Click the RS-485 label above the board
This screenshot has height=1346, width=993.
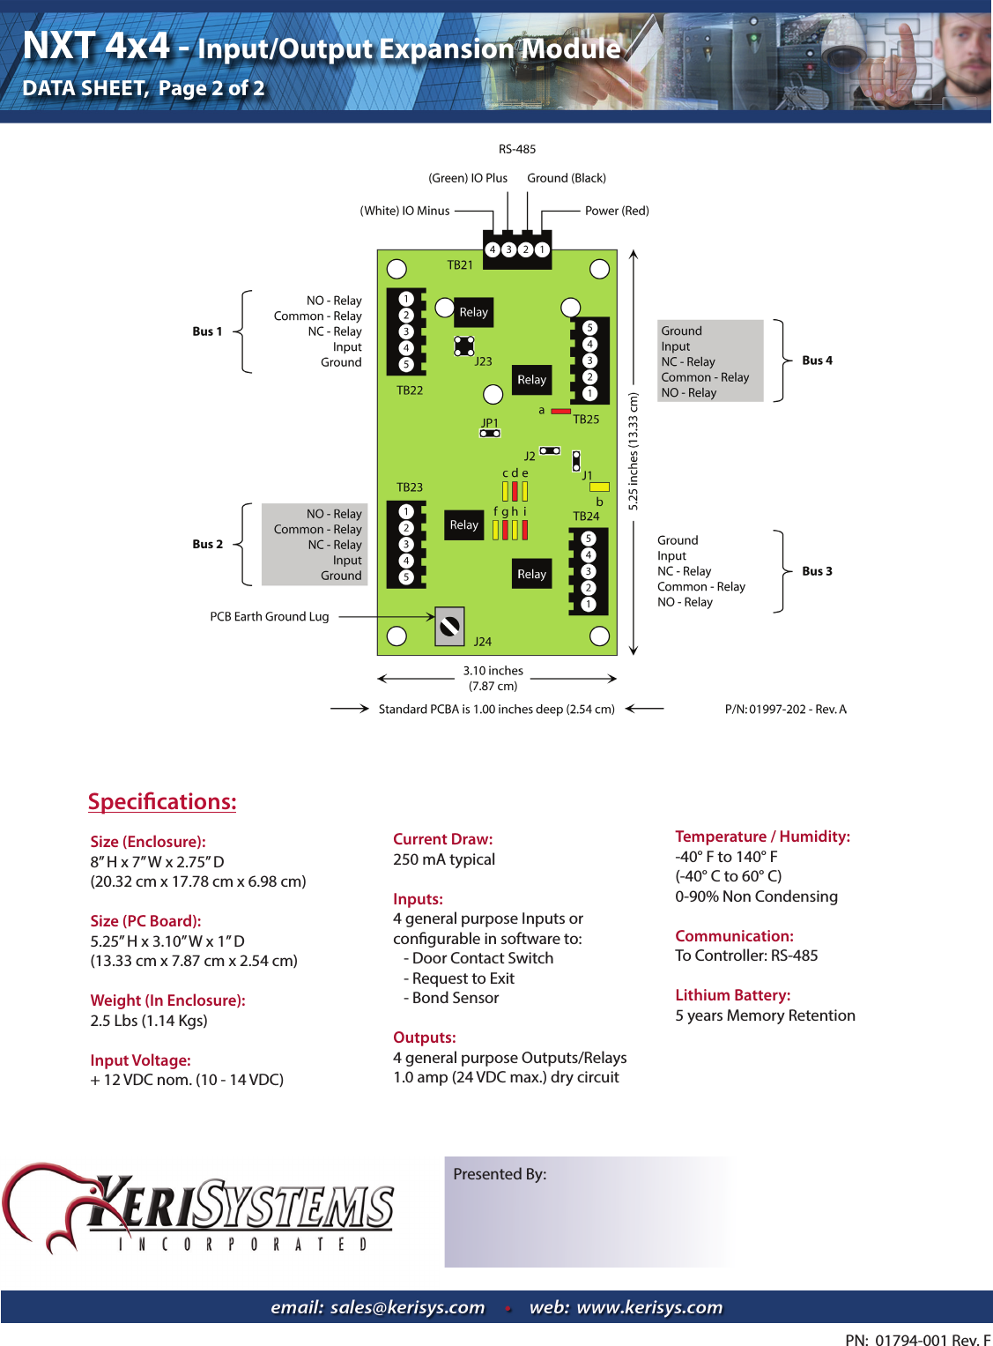coord(516,149)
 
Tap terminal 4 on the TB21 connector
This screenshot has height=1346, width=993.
coord(493,249)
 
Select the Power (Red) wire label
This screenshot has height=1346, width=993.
coord(617,211)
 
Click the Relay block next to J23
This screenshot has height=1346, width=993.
coord(473,312)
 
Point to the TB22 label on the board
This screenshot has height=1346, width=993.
coord(410,390)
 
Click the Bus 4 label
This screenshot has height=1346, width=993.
coord(817,361)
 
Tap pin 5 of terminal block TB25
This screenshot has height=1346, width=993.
coord(590,328)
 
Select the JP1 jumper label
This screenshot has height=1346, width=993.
coord(490,422)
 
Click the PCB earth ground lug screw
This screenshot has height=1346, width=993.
coord(449,626)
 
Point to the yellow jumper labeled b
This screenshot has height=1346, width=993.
coord(599,487)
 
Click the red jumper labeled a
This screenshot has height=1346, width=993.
coord(560,411)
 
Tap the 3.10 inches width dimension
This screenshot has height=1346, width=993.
coord(493,671)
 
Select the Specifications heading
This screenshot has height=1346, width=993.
coord(162,801)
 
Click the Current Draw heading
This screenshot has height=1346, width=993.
coord(442,839)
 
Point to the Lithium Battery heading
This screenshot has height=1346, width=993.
coord(732,995)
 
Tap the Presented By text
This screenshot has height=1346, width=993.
coord(500,1174)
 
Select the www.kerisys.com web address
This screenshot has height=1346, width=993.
coord(649,1307)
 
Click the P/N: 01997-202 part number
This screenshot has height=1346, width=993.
coord(785,709)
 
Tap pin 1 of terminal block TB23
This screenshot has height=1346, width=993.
coord(406,511)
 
